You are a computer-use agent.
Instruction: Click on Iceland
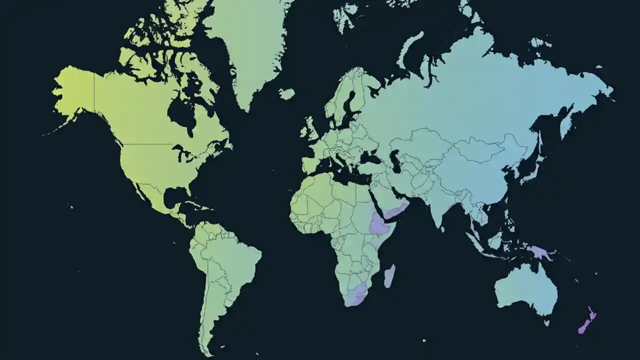[286, 94]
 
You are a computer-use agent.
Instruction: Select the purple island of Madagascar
[389, 276]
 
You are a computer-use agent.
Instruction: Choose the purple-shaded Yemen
[395, 212]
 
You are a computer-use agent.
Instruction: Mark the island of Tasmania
[546, 323]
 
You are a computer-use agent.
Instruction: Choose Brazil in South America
[235, 260]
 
